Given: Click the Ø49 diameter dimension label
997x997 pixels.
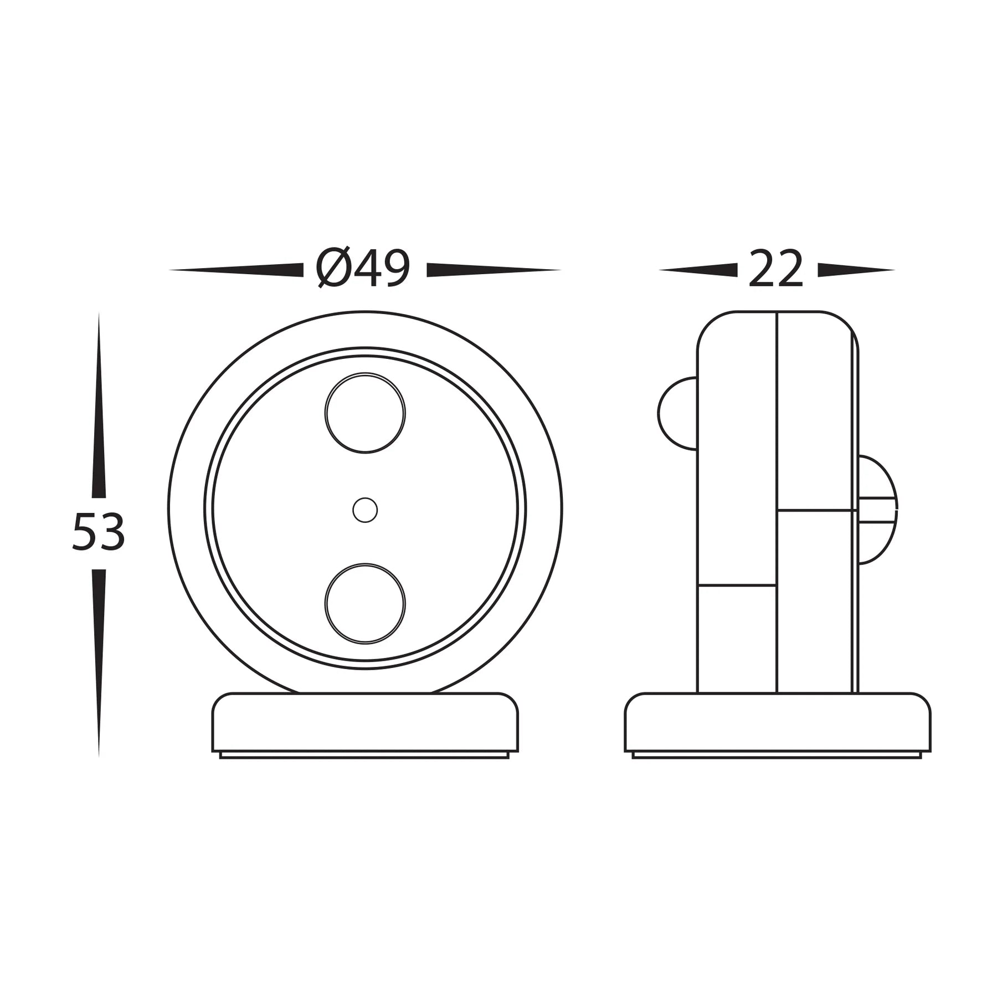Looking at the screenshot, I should (x=364, y=269).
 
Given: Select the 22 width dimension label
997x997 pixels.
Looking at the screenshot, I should (x=775, y=269).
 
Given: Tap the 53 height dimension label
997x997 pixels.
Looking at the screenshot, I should (x=99, y=532).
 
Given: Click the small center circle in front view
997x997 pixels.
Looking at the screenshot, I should (x=365, y=510).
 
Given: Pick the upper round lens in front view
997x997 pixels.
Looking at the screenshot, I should (x=365, y=413).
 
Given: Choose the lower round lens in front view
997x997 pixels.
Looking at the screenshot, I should (x=365, y=604).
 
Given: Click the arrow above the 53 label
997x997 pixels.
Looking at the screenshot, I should (x=99, y=410).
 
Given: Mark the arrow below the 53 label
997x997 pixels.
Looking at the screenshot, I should (x=99, y=659).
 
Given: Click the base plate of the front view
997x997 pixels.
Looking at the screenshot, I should (x=365, y=723).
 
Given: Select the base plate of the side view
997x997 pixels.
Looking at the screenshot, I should (x=777, y=723).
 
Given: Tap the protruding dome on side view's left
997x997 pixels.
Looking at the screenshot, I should (x=677, y=412).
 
